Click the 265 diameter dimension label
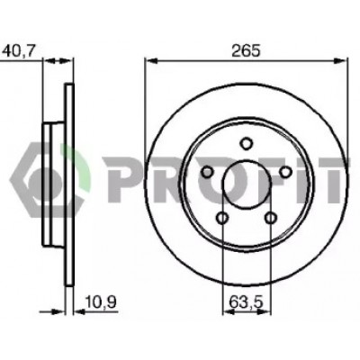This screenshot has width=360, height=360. (x=247, y=51)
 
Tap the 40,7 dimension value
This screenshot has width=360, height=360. (x=18, y=51)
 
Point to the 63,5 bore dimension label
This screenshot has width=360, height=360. (x=246, y=301)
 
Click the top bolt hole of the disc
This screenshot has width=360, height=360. (x=247, y=143)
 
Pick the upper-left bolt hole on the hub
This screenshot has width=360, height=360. (x=207, y=172)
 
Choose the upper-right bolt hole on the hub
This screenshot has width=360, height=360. (x=286, y=172)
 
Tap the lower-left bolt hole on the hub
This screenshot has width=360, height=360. (x=222, y=218)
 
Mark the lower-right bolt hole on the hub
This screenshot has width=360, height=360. (x=271, y=218)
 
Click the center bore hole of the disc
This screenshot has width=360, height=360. (x=247, y=184)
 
